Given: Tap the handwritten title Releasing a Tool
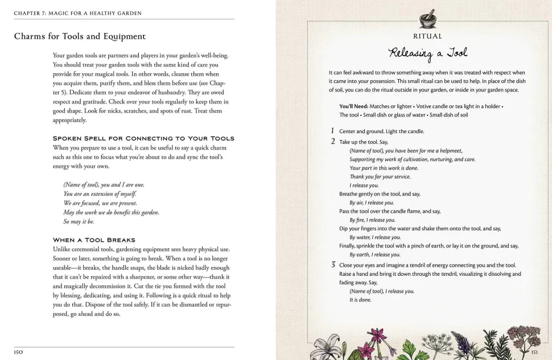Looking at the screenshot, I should [x=428, y=53].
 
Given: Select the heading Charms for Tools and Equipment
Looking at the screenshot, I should [x=80, y=36].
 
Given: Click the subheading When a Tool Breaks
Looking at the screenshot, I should [x=94, y=240].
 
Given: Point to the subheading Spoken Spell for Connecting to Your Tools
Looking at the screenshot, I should [x=143, y=138].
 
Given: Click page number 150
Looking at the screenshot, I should [x=19, y=352].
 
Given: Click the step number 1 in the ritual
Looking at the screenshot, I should [x=333, y=131].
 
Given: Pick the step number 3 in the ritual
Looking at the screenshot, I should [x=333, y=265].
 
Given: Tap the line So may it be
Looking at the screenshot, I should [x=79, y=222].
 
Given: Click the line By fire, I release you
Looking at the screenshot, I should [x=372, y=220].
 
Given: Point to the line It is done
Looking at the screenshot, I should [x=360, y=300].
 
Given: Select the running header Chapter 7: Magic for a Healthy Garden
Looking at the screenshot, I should [x=78, y=13].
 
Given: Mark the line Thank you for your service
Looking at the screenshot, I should [x=380, y=176].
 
